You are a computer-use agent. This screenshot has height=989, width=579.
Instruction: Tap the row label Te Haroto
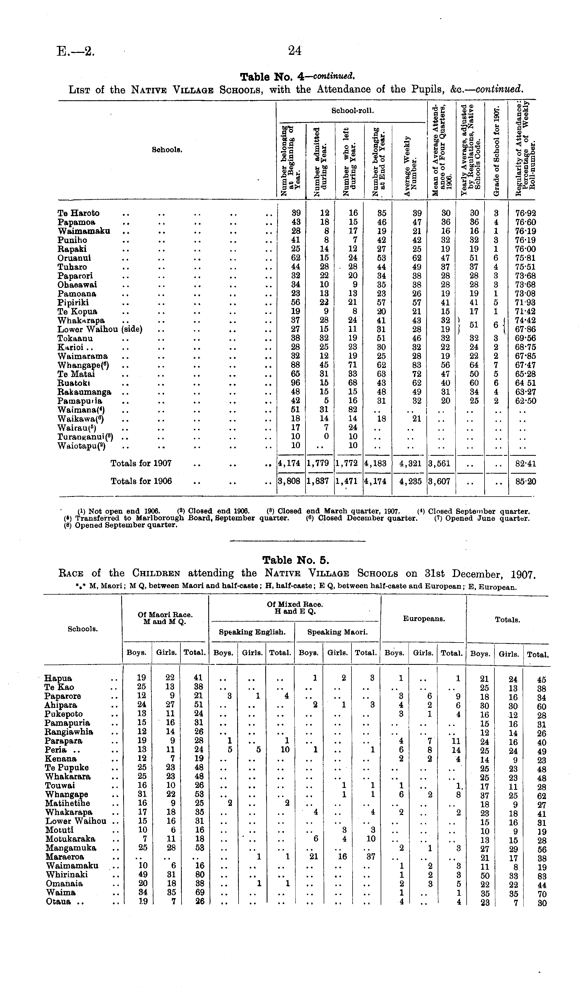click(x=79, y=213)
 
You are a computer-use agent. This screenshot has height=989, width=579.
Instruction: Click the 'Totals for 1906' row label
click(x=141, y=481)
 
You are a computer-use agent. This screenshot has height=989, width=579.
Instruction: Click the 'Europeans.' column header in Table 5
click(x=424, y=619)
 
